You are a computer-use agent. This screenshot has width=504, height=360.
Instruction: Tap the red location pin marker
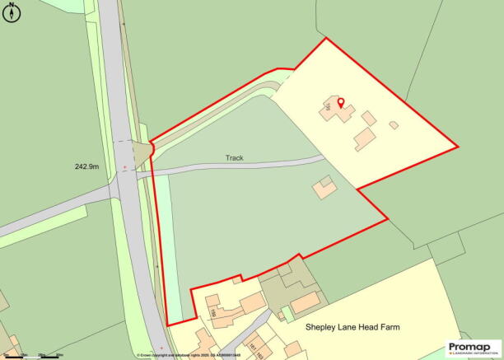341,105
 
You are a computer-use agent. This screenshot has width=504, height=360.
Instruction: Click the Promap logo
474,348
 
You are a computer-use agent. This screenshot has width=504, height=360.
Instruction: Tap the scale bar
33,356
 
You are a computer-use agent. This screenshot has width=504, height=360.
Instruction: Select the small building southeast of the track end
324,188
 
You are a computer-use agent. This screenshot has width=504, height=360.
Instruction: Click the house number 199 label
212,314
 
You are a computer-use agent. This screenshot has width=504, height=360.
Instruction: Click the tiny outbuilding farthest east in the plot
394,125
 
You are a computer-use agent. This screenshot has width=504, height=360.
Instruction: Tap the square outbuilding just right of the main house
368,119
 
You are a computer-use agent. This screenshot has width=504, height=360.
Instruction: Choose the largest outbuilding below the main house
364,138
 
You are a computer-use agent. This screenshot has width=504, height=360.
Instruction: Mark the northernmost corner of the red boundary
327,38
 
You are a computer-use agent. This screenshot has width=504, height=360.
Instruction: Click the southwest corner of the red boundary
167,325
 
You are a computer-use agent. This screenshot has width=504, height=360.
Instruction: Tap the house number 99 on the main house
329,106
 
